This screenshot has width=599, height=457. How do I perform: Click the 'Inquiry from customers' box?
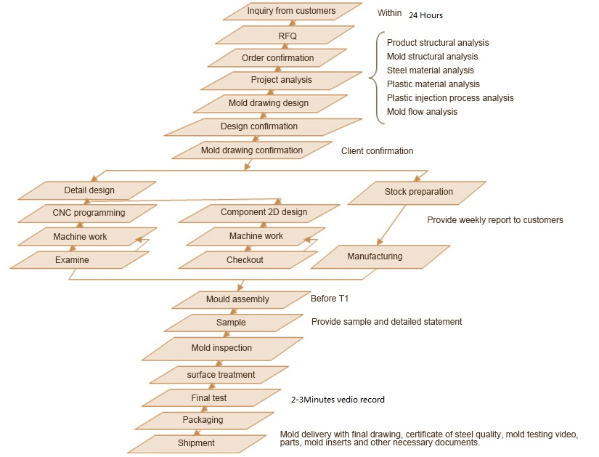291,11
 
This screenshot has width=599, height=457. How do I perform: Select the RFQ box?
287,35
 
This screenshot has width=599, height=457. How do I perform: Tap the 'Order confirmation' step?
277,57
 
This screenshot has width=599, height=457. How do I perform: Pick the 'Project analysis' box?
281,80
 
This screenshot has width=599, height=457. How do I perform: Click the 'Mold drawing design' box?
268,103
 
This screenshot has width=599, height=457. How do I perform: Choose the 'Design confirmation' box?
258,126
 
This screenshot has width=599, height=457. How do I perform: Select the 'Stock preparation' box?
418,193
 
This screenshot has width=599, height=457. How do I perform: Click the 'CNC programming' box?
89,213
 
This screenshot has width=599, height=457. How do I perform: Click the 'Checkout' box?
245,259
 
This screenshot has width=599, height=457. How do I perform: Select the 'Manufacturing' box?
374,256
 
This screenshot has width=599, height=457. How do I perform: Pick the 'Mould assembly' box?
237,299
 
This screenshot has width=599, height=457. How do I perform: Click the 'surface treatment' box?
221,374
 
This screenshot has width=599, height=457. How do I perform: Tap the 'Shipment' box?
196,442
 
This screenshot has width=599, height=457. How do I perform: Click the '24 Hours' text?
425,15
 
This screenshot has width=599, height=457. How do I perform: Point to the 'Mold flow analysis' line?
422,112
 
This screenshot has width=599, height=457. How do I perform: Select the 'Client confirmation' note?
377,151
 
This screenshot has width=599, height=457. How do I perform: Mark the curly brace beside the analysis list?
375,77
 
